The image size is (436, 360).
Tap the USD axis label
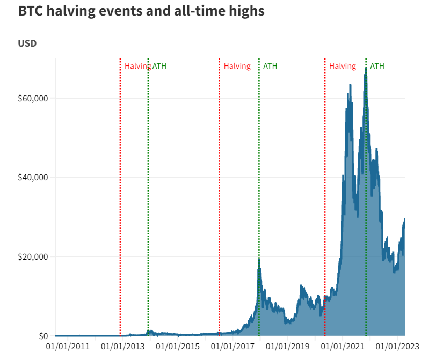point(27,43)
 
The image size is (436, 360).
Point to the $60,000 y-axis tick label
point(33,99)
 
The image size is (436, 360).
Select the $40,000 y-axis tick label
point(33,178)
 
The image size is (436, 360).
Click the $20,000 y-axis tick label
point(33,256)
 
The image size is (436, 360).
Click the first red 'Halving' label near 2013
point(137,66)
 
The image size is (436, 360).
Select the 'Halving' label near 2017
point(237,66)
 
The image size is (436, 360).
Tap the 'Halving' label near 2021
point(343,66)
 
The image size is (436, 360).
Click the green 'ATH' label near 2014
point(159,66)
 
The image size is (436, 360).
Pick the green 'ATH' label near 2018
point(270,66)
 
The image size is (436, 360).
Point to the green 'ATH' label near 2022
point(377,66)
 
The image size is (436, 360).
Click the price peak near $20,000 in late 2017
point(259,260)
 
